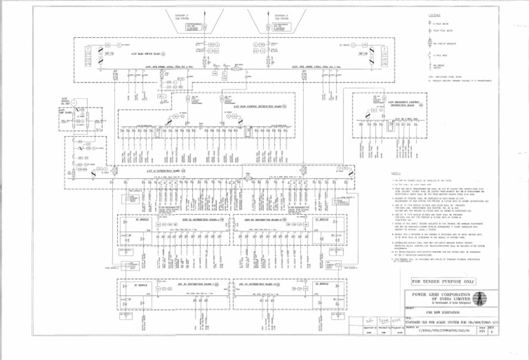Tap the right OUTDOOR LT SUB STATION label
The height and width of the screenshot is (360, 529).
click(282, 14)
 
